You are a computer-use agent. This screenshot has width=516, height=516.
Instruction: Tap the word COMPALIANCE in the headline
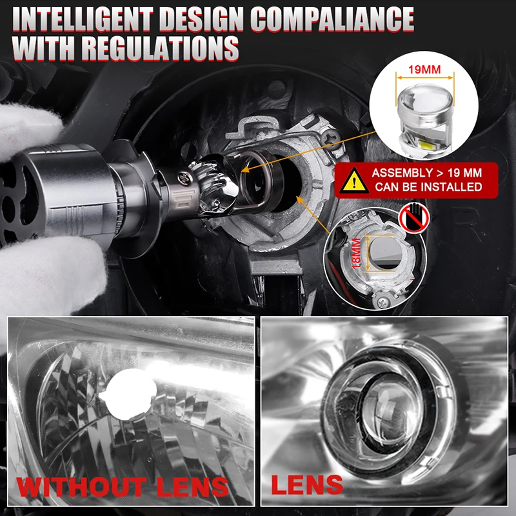pyautogui.click(x=332, y=20)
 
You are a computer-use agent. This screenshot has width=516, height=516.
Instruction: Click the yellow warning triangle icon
pyautogui.click(x=352, y=180)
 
